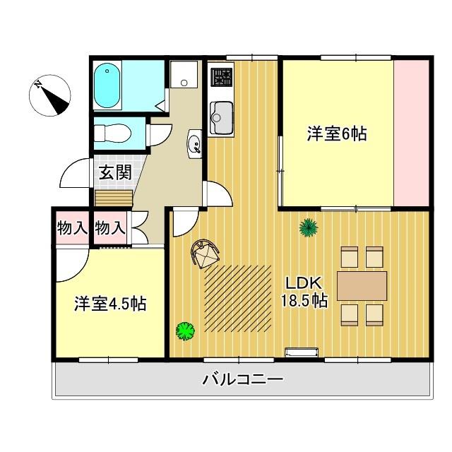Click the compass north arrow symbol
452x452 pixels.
click(x=51, y=97)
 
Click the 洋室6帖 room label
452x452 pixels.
click(x=336, y=133)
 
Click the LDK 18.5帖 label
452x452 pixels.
click(x=304, y=291)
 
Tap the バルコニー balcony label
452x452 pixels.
click(x=242, y=379)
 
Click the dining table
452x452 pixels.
click(x=362, y=285)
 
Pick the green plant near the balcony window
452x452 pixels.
click(x=185, y=329)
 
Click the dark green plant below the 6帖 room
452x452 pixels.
click(x=308, y=227)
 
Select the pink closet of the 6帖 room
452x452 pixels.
click(x=411, y=133)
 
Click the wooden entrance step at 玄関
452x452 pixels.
click(x=114, y=196)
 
